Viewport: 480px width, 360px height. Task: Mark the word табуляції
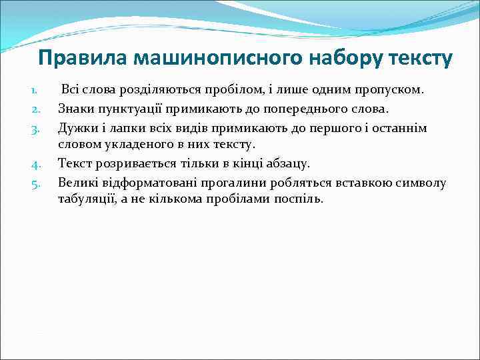[88, 199]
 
